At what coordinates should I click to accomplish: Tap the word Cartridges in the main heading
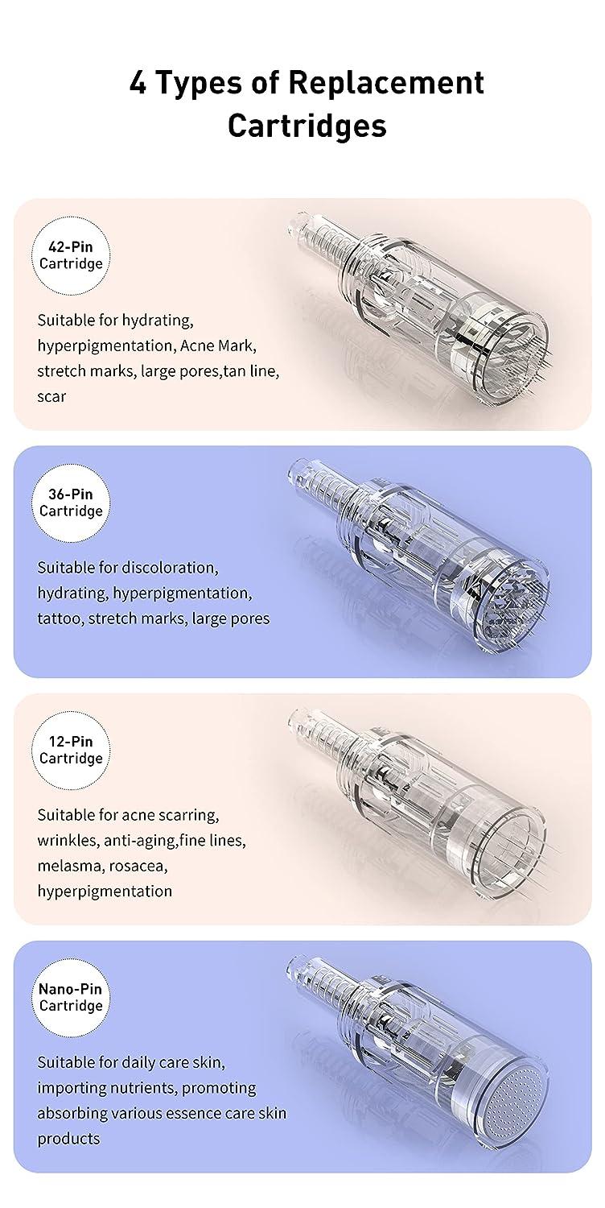307,126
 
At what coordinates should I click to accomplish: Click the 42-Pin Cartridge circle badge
71,254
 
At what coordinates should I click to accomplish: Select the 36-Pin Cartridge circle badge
71,503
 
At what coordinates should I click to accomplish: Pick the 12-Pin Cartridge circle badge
71,750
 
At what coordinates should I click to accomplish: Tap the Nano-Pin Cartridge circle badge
71,997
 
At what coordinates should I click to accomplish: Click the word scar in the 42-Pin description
51,396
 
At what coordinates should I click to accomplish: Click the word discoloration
170,567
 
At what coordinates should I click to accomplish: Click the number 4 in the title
138,84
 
